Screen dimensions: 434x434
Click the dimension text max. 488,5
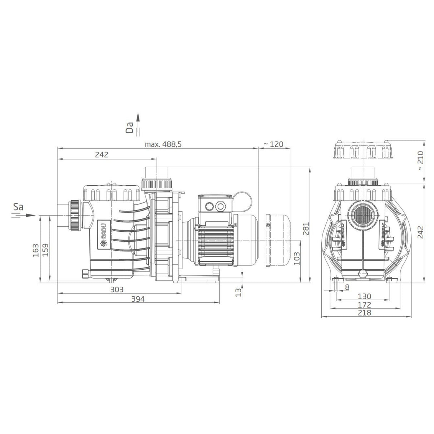163,144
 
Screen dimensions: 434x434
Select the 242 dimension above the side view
102,155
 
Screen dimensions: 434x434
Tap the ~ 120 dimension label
273,144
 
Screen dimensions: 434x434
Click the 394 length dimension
138,299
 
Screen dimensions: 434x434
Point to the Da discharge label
130,127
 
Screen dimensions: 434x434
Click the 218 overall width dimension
364,313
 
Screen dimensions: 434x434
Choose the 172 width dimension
364,305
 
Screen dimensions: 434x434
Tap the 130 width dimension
364,296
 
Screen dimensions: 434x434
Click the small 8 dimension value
347,287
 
